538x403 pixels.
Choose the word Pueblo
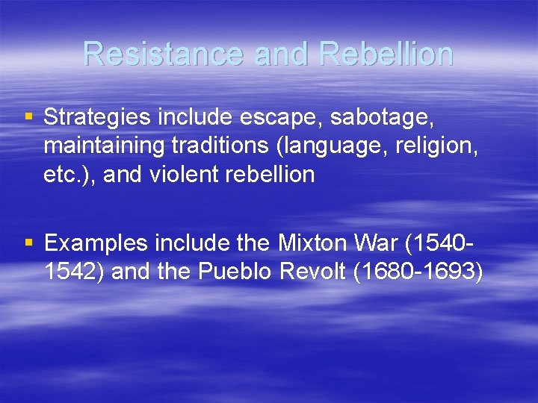[235, 272]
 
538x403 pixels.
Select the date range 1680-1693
[419, 272]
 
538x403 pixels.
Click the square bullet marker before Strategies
[28, 117]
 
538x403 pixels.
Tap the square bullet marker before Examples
[28, 243]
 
